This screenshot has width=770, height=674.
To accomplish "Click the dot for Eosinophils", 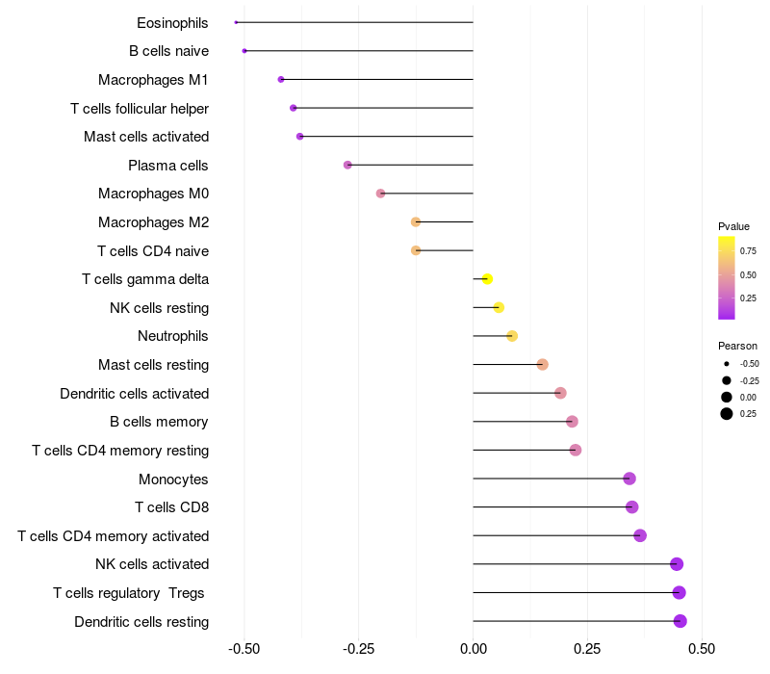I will [236, 22].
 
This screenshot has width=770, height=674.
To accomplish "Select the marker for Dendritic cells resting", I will [680, 621].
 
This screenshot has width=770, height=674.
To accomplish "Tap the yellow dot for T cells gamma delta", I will [487, 279].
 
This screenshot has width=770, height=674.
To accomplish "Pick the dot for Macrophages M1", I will [281, 79].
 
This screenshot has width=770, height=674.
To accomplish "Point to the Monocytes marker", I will [629, 479].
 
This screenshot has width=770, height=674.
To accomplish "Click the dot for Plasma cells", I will [347, 165].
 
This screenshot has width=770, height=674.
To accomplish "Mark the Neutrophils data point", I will [512, 336].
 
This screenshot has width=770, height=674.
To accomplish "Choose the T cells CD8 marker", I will [632, 507].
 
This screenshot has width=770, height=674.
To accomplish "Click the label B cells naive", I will [168, 51].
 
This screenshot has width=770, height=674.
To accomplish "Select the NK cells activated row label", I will [152, 564].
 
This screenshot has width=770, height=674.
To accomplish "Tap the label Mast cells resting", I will [153, 365].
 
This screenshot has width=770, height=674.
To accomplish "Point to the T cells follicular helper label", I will [140, 108].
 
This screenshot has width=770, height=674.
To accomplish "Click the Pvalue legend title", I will [733, 226].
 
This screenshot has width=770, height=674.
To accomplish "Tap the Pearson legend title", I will [737, 346].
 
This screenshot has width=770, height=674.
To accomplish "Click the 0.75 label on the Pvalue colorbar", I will [748, 251].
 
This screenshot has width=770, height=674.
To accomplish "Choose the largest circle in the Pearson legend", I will [727, 414].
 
